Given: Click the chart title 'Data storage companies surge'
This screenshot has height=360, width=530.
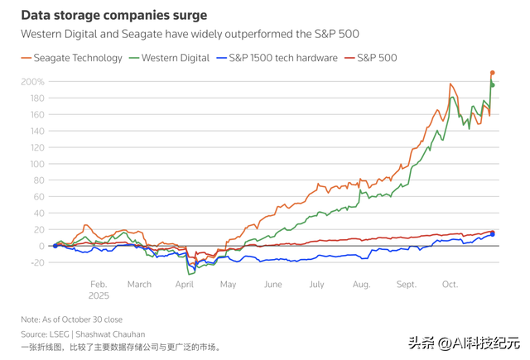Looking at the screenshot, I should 114,16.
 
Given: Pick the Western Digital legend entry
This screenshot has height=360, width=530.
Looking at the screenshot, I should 170,58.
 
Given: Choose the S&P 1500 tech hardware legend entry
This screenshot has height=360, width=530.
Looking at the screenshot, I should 277,58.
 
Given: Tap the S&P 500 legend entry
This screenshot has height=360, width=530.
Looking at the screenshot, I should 371,58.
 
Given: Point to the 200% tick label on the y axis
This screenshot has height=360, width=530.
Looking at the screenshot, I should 32,82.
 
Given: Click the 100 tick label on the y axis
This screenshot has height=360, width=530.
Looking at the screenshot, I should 36,164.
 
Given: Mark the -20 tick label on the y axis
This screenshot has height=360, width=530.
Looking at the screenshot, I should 35,262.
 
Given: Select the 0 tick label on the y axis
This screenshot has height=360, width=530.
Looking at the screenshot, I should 41,246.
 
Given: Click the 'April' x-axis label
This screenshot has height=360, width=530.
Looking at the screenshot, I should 184,284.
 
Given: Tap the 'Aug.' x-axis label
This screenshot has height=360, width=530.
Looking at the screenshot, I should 361,284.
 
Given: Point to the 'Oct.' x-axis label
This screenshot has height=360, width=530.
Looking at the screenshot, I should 450,284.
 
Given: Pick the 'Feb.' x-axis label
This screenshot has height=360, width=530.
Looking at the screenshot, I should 99,284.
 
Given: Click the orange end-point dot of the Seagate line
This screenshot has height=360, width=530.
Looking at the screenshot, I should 492,73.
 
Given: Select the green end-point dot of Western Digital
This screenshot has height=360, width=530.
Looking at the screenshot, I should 493,85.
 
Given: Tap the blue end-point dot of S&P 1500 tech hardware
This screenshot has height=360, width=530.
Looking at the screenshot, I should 493,234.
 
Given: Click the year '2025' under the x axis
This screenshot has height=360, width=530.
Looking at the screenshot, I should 99,295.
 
